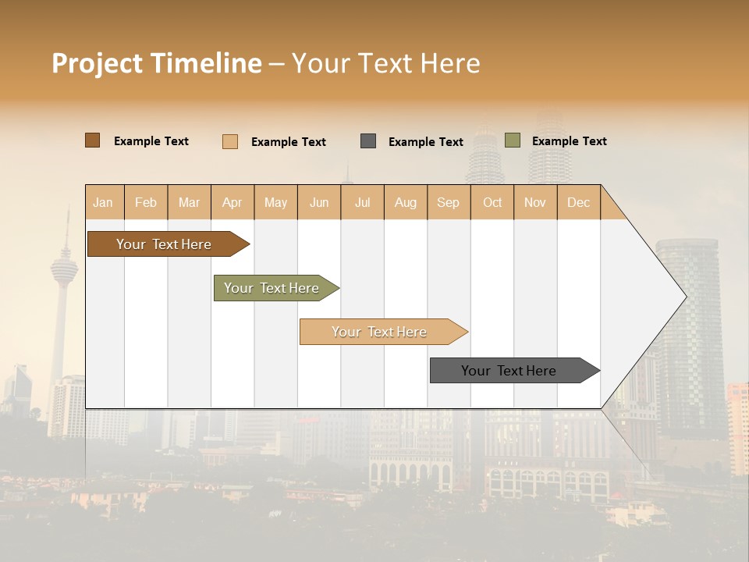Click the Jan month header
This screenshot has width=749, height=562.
pyautogui.click(x=103, y=202)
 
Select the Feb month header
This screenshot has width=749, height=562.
pyautogui.click(x=146, y=202)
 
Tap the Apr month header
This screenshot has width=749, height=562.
pyautogui.click(x=232, y=202)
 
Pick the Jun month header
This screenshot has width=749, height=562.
pyautogui.click(x=319, y=202)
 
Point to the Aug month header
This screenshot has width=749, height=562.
pyautogui.click(x=405, y=202)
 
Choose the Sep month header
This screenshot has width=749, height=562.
pyautogui.click(x=448, y=202)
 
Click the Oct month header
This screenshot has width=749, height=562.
pyautogui.click(x=492, y=202)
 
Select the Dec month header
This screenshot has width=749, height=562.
pyautogui.click(x=578, y=202)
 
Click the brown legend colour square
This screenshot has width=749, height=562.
pyautogui.click(x=92, y=140)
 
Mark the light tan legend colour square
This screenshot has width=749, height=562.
pyautogui.click(x=229, y=141)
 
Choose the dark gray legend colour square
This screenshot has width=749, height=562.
pyautogui.click(x=368, y=140)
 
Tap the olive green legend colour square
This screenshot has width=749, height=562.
pyautogui.click(x=512, y=140)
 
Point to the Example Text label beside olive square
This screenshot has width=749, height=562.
pyautogui.click(x=569, y=141)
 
